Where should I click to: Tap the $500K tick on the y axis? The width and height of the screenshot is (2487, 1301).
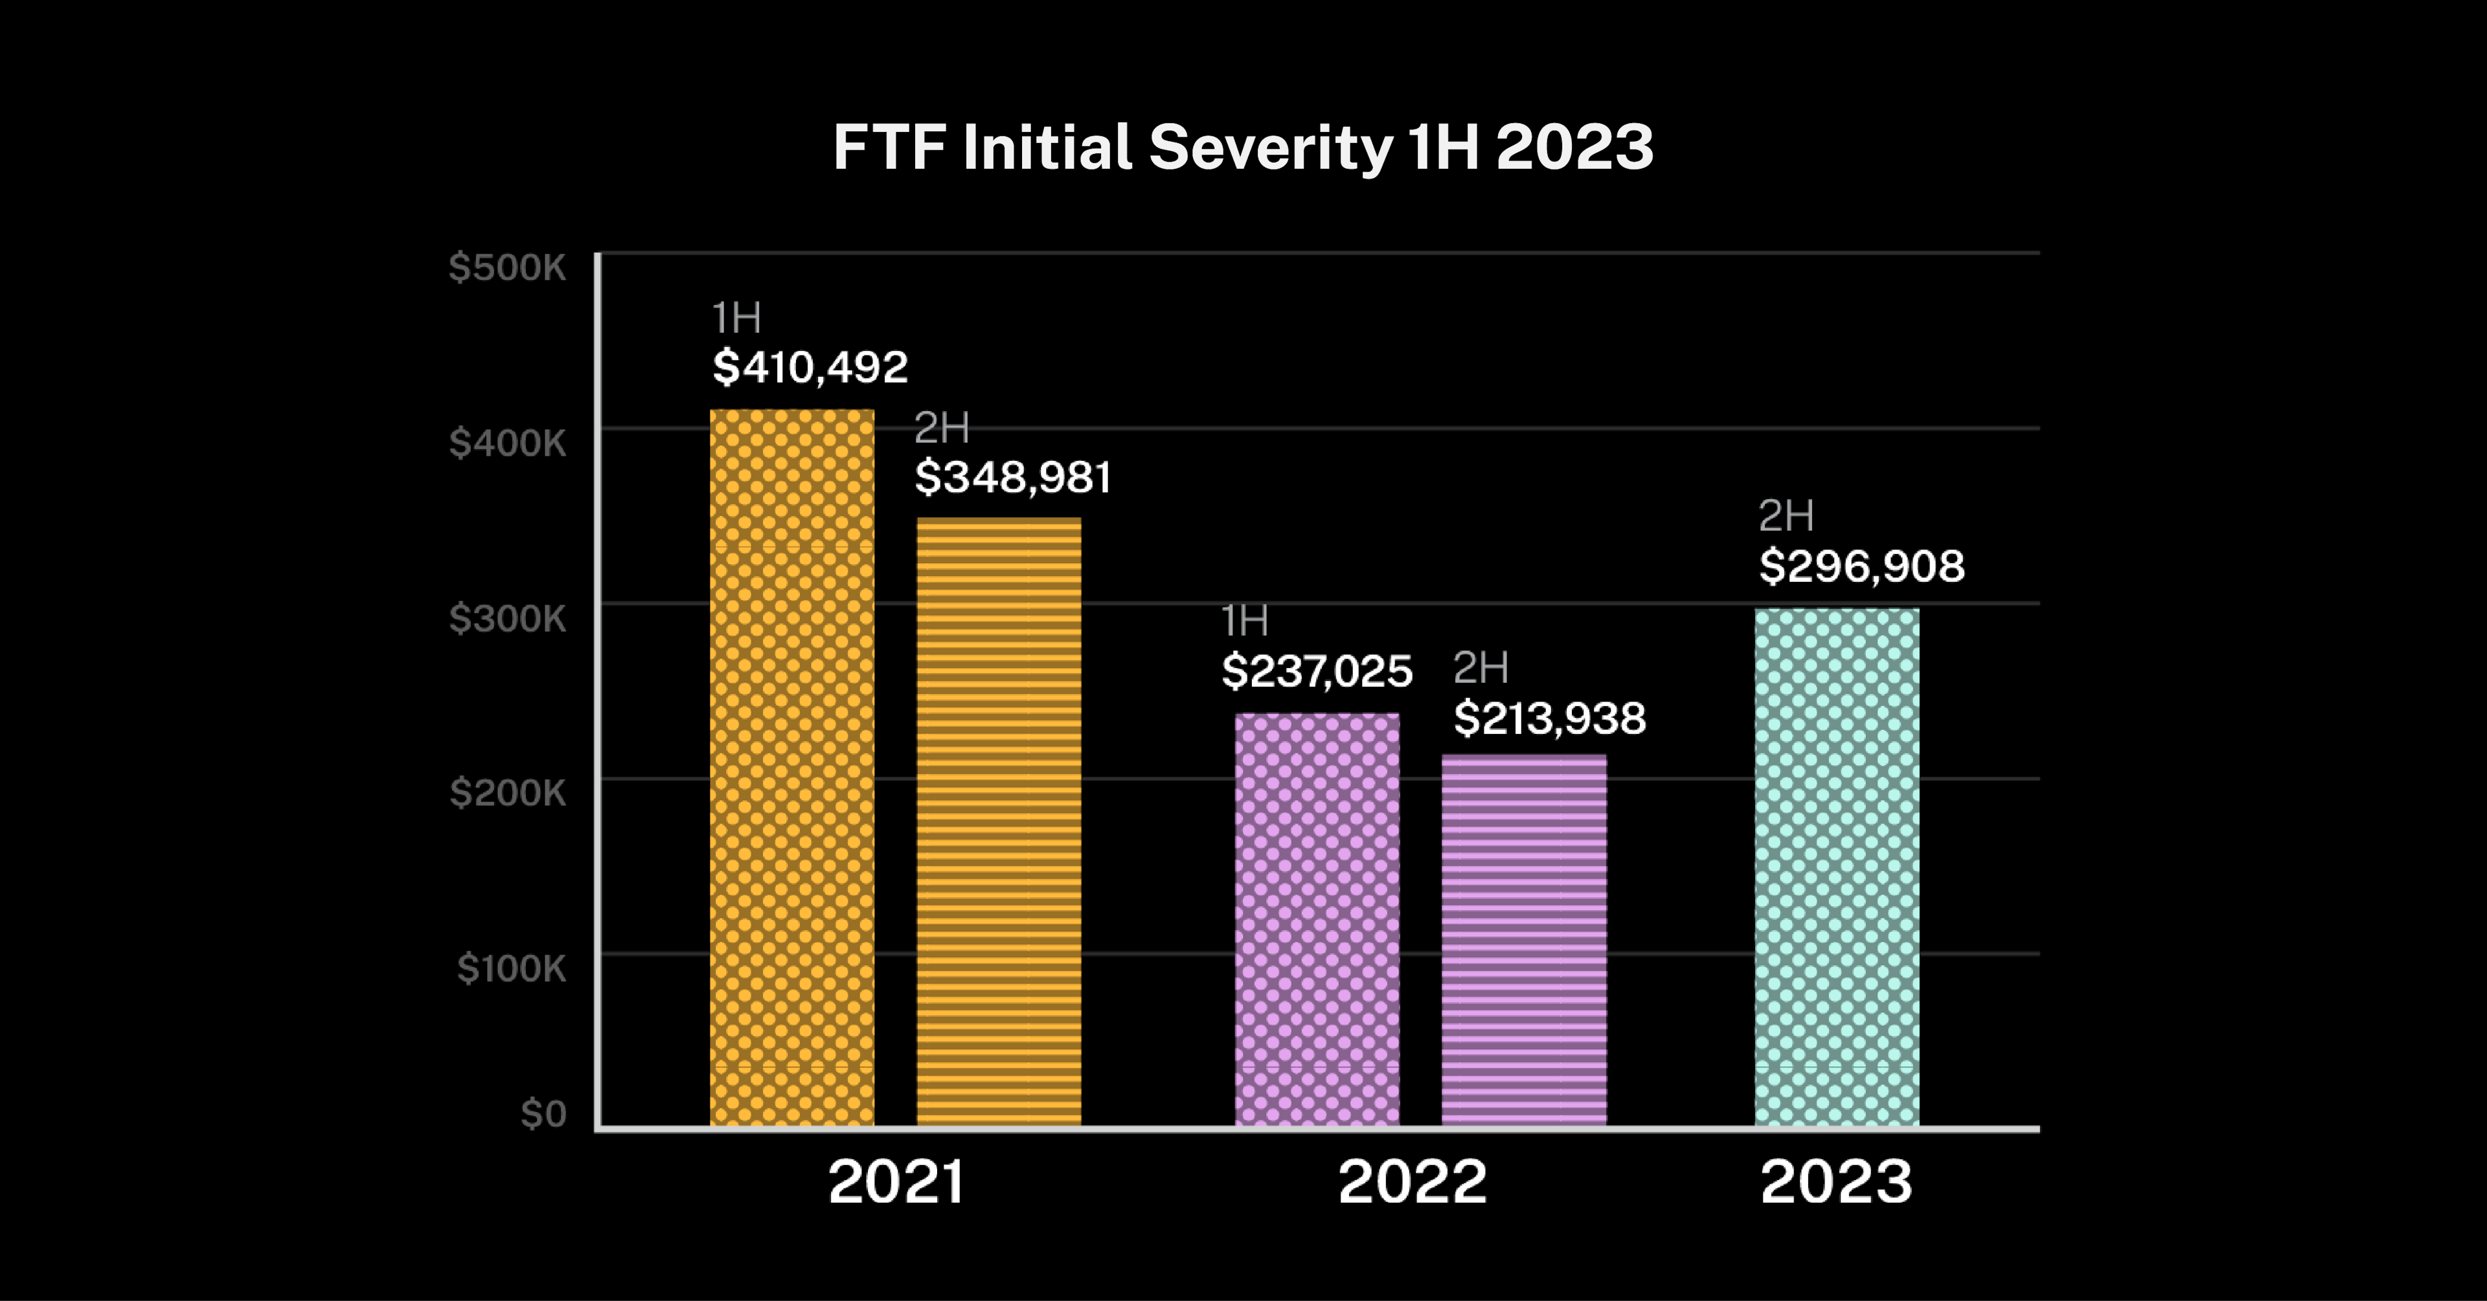pyautogui.click(x=507, y=267)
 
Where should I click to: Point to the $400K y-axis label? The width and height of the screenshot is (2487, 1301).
pyautogui.click(x=507, y=443)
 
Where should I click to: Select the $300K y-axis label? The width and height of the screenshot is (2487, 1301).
pyautogui.click(x=507, y=617)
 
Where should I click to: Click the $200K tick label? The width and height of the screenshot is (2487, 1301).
pyautogui.click(x=507, y=792)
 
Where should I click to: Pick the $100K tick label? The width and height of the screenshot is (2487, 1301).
pyautogui.click(x=511, y=968)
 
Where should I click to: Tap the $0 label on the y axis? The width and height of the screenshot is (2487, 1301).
pyautogui.click(x=543, y=1114)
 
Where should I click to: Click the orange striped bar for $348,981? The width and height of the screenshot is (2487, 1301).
pyautogui.click(x=998, y=820)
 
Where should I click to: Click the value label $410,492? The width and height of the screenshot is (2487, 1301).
pyautogui.click(x=810, y=368)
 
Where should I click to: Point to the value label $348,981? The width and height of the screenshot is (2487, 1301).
pyautogui.click(x=1013, y=478)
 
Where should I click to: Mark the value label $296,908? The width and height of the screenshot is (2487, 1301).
pyautogui.click(x=1861, y=566)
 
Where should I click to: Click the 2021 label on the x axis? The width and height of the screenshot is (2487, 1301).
pyautogui.click(x=896, y=1183)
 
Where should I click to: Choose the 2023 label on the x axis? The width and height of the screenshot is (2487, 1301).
pyautogui.click(x=1835, y=1183)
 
